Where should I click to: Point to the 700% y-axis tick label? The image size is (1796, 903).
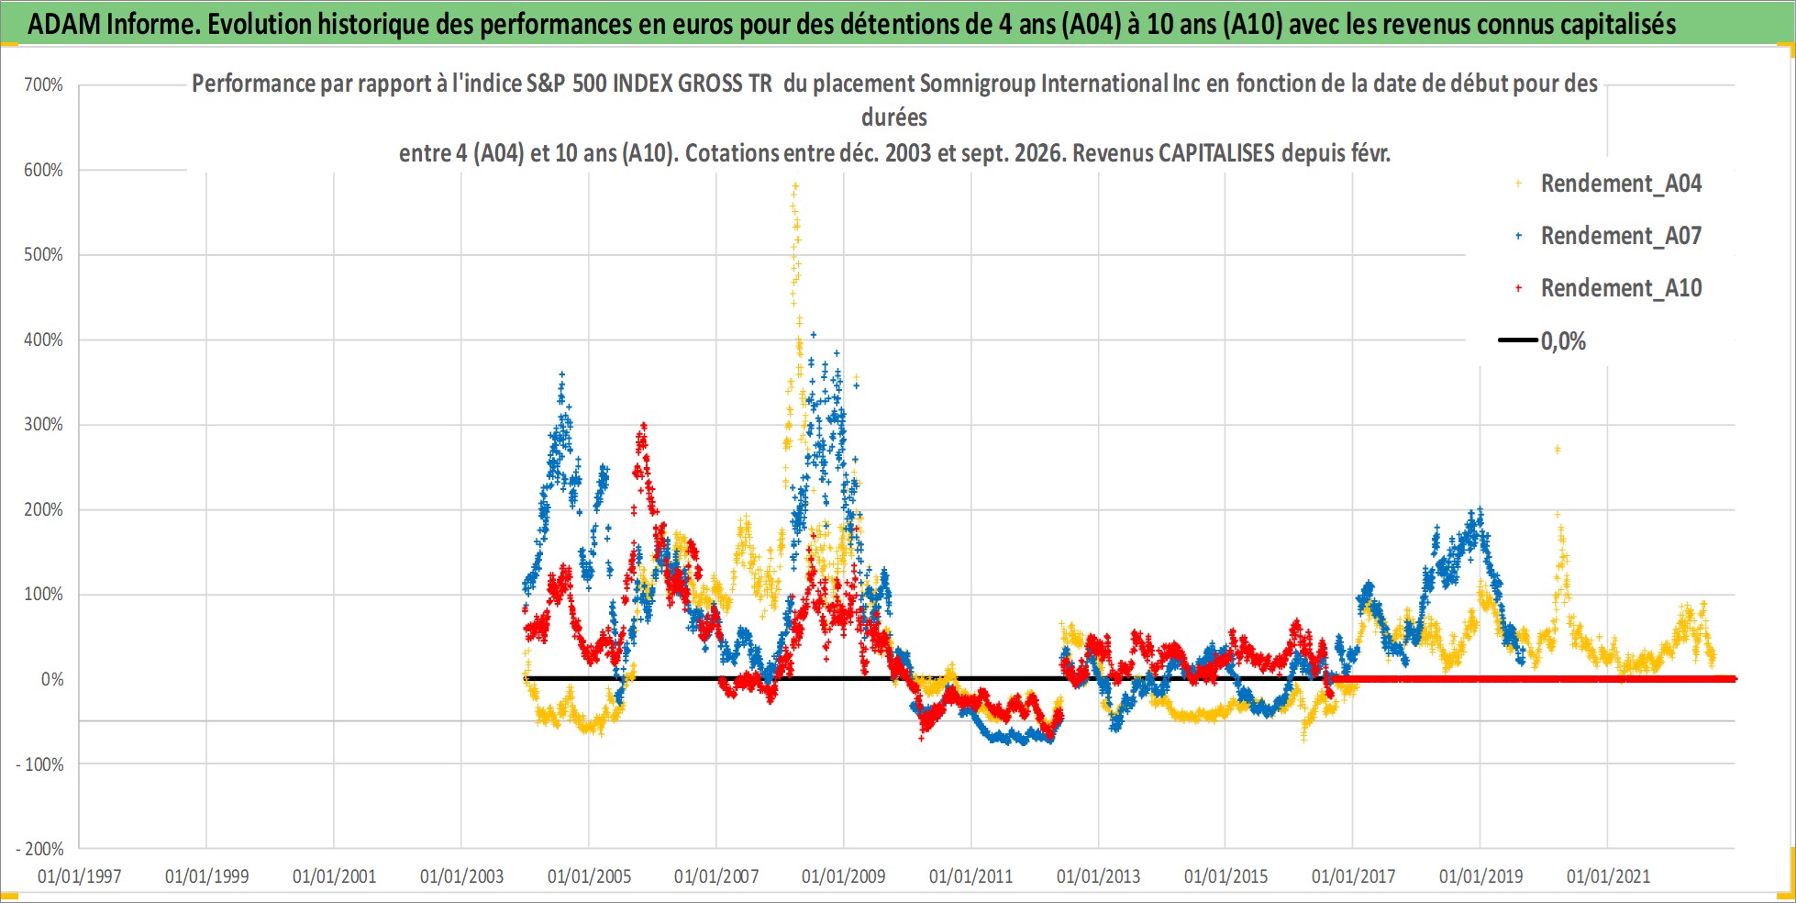tap(43, 85)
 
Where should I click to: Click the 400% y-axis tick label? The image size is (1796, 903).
tap(43, 340)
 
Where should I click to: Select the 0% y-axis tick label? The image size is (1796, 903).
tap(52, 679)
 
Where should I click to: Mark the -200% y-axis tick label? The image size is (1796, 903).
tap(40, 849)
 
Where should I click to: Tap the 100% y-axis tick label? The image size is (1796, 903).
tap(43, 594)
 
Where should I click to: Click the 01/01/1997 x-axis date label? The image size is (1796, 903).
tap(80, 876)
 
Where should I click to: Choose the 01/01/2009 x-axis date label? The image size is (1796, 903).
tap(844, 876)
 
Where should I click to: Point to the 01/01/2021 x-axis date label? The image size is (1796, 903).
tap(1608, 876)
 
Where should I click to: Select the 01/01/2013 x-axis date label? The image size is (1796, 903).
tap(1098, 876)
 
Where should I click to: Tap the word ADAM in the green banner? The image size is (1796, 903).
tap(64, 24)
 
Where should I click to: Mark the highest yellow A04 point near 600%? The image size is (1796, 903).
tap(795, 185)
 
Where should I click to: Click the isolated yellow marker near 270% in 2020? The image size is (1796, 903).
tap(1558, 450)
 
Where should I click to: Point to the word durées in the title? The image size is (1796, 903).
tap(894, 117)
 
